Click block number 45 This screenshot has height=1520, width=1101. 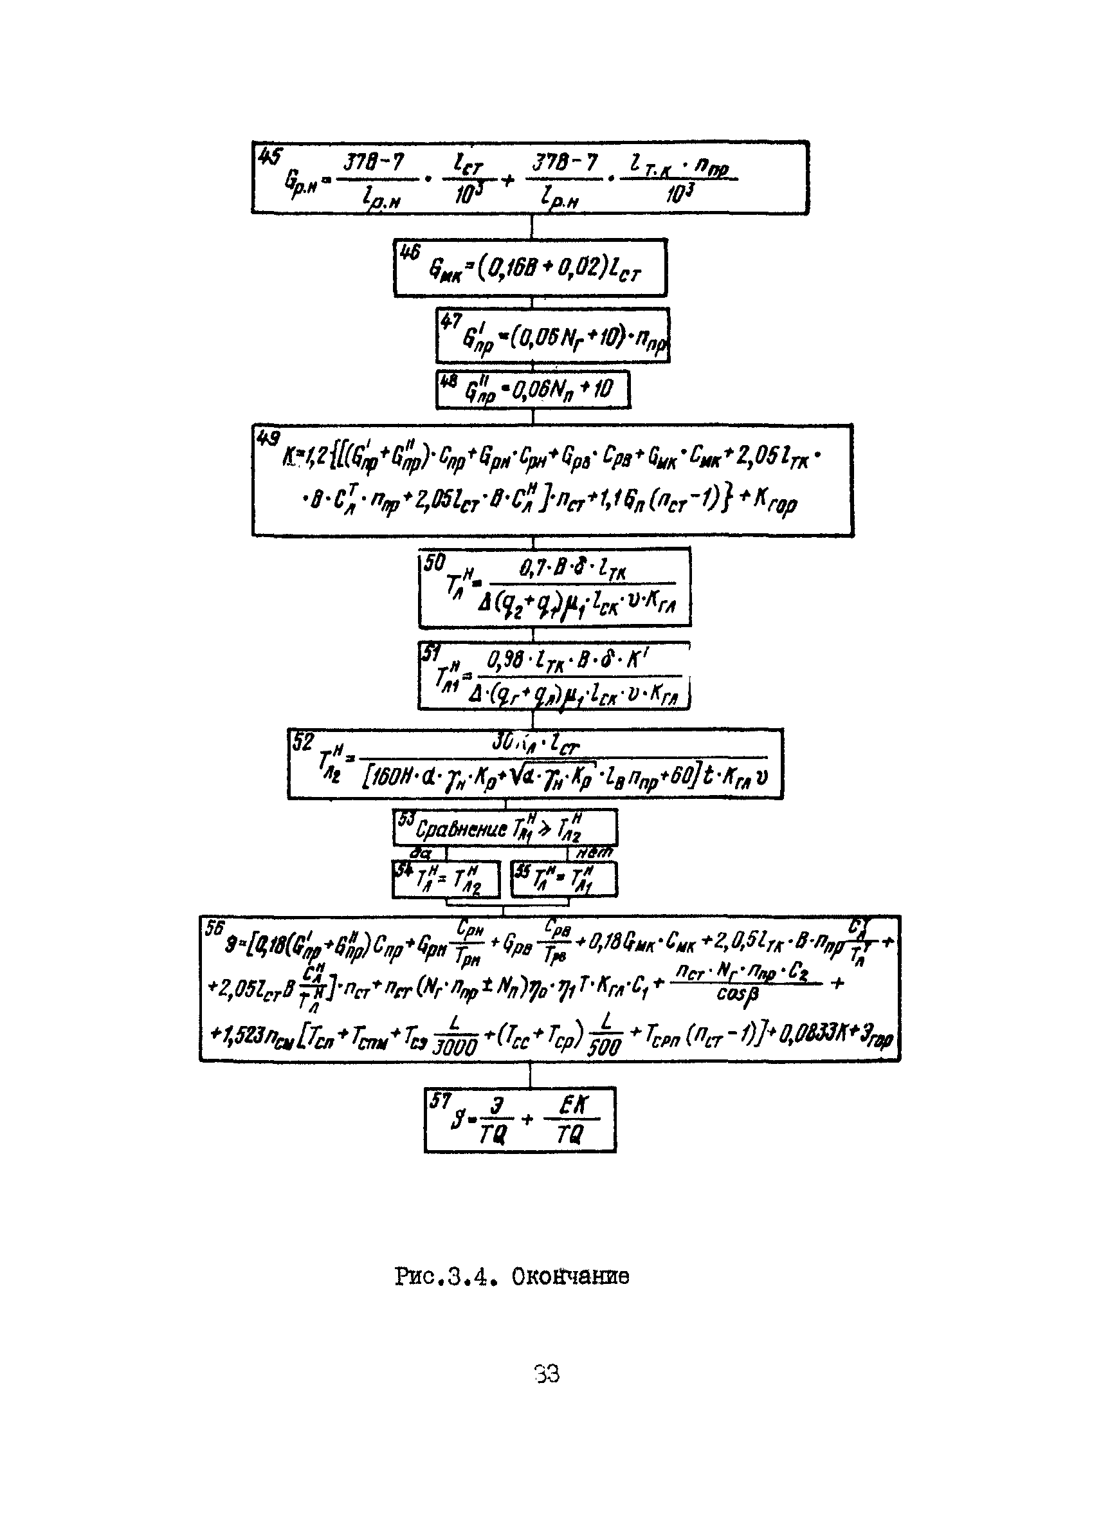[269, 158]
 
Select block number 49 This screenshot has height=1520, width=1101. [268, 439]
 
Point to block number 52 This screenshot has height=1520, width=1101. [303, 742]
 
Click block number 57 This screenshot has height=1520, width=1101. [440, 1101]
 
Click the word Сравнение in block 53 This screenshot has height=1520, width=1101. [461, 830]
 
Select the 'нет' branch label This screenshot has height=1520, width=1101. [594, 852]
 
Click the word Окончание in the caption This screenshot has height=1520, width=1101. [570, 1277]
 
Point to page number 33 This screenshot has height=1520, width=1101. [547, 1375]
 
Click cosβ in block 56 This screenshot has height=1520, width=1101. [737, 994]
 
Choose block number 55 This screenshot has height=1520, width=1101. [522, 870]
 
